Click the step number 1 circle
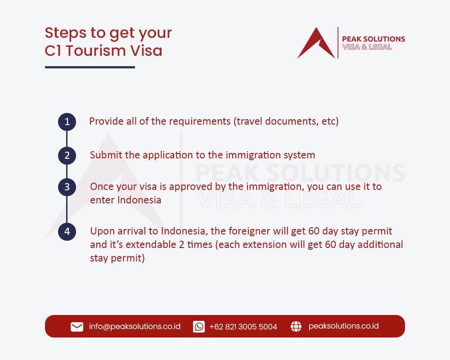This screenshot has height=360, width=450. point(67,121)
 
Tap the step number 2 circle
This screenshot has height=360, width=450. point(67,155)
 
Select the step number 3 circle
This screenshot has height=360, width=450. point(67,187)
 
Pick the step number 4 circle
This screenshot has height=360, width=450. point(67,232)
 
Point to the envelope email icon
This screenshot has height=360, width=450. point(77,327)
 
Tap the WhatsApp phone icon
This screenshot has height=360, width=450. point(199,327)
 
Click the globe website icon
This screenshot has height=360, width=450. point(296,327)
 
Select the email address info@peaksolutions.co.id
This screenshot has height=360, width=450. point(135,326)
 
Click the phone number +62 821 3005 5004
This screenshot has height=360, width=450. point(243,327)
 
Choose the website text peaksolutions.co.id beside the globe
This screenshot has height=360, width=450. point(343,326)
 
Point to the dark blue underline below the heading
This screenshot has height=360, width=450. point(90,67)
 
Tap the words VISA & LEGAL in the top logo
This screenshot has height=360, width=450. point(367,47)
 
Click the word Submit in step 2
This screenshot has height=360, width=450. point(104,155)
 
